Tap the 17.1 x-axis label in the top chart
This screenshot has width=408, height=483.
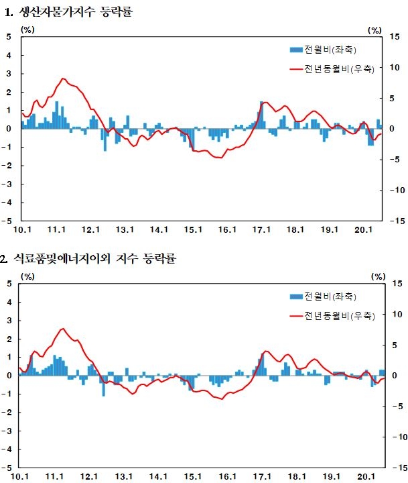click(261, 230)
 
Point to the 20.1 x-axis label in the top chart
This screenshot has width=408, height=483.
click(364, 230)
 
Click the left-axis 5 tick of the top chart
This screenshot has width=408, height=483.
click(9, 37)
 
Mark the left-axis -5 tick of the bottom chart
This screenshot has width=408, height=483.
click(7, 467)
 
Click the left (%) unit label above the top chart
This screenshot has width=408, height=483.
click(27, 30)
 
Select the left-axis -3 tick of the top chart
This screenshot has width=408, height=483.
click(7, 184)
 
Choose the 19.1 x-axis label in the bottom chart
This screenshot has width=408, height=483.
click(330, 476)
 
